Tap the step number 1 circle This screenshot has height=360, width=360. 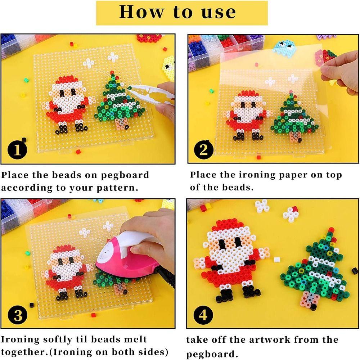(17, 150)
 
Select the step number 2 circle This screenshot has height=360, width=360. (203, 150)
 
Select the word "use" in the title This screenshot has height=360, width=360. (216, 12)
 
